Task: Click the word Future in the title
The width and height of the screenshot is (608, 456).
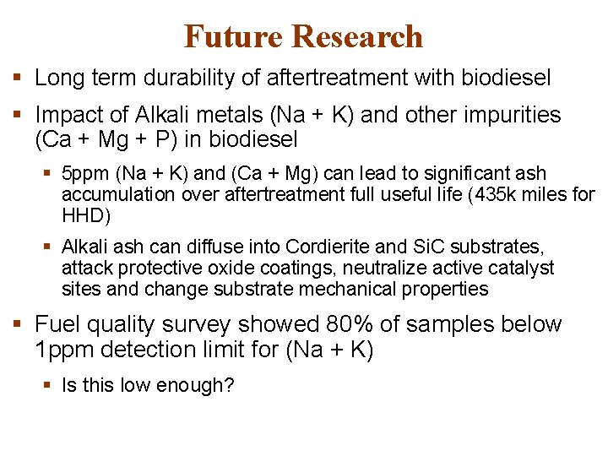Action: pos(232,36)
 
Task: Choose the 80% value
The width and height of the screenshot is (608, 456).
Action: pos(369,324)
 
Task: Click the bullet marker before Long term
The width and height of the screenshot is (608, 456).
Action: pos(19,79)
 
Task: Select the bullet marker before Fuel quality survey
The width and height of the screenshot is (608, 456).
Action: pos(19,324)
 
